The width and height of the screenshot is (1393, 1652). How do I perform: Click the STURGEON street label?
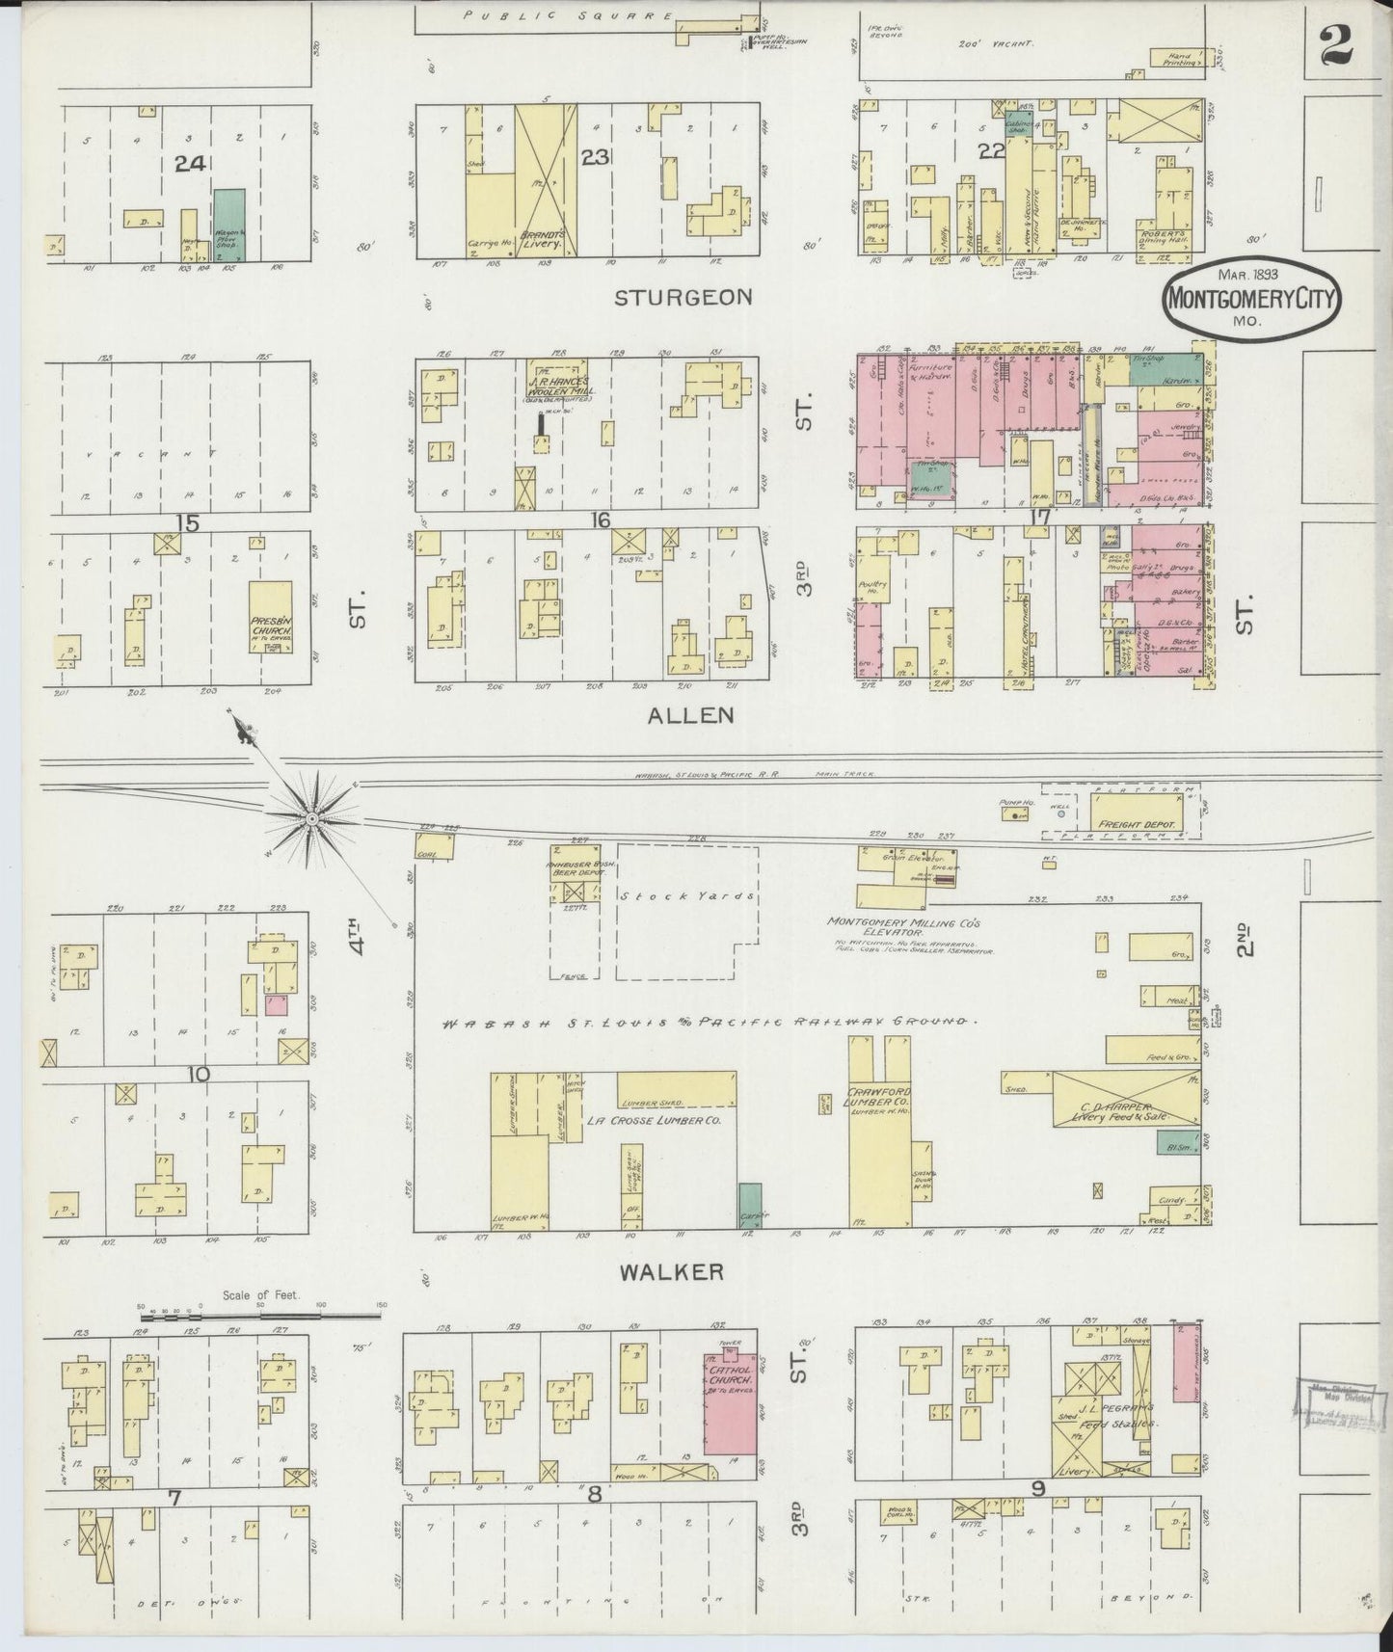683,297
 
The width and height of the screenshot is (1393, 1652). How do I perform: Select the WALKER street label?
671,1272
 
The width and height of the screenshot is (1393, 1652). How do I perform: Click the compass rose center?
311,819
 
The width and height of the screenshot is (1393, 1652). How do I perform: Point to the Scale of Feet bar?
262,1314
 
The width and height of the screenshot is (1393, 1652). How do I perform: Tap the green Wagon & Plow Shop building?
229,224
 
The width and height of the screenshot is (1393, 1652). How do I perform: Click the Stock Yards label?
685,895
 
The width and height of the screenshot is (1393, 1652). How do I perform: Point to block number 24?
190,165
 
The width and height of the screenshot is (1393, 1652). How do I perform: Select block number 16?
601,520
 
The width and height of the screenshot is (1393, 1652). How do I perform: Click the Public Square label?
566,15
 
